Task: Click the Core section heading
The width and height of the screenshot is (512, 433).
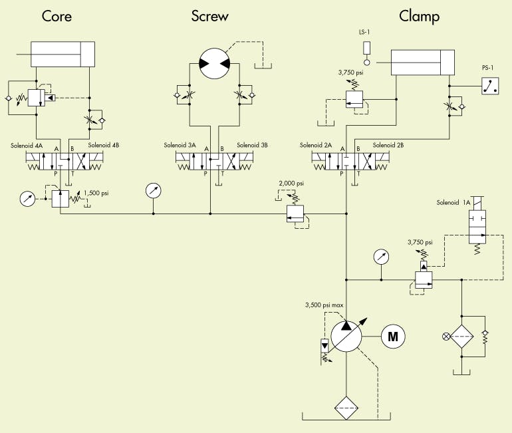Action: tap(57, 16)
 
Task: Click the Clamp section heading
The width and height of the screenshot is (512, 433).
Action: tap(419, 16)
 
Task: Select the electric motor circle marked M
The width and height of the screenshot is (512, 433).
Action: tap(392, 337)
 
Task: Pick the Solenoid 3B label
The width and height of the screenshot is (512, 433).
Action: tap(252, 145)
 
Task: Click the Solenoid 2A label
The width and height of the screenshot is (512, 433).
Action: tap(315, 145)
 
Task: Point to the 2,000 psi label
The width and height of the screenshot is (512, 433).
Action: tap(291, 184)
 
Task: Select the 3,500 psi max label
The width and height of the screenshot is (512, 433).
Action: tap(324, 305)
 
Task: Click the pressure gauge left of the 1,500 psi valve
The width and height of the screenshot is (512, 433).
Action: tap(28, 199)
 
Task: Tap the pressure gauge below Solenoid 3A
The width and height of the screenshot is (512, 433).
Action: tap(153, 191)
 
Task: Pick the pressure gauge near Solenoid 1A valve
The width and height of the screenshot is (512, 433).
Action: tap(381, 257)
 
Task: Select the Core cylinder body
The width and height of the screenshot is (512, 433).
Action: tap(64, 54)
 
